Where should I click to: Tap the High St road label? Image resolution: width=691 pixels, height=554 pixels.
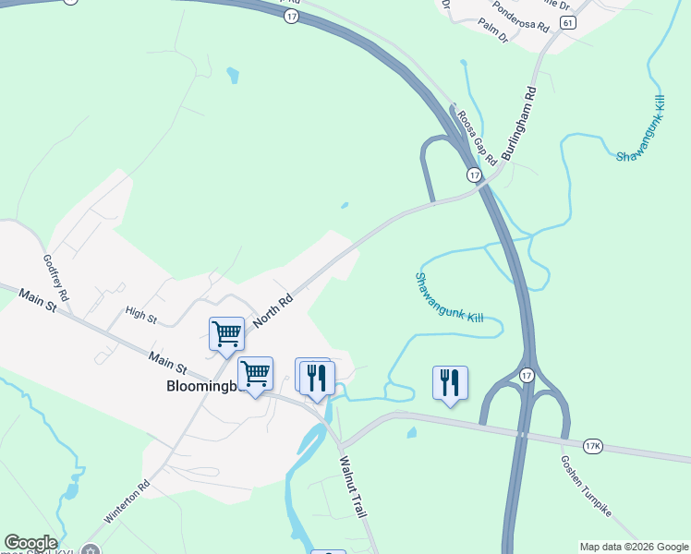(141, 316)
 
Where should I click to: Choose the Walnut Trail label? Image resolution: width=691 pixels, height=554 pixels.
(354, 485)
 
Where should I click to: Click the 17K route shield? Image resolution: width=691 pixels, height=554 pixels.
(592, 447)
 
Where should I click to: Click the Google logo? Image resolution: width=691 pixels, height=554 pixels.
(30, 543)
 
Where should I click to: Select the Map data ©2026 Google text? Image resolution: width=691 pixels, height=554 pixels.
(633, 547)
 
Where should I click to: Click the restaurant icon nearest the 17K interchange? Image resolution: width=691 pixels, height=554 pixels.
(450, 381)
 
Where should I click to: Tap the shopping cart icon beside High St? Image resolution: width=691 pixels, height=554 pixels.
(226, 333)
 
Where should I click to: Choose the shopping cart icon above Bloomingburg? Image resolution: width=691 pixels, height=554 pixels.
(255, 372)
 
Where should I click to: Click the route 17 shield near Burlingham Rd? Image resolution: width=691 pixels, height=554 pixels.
(474, 175)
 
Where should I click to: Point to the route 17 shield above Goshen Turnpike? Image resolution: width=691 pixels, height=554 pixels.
(527, 375)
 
